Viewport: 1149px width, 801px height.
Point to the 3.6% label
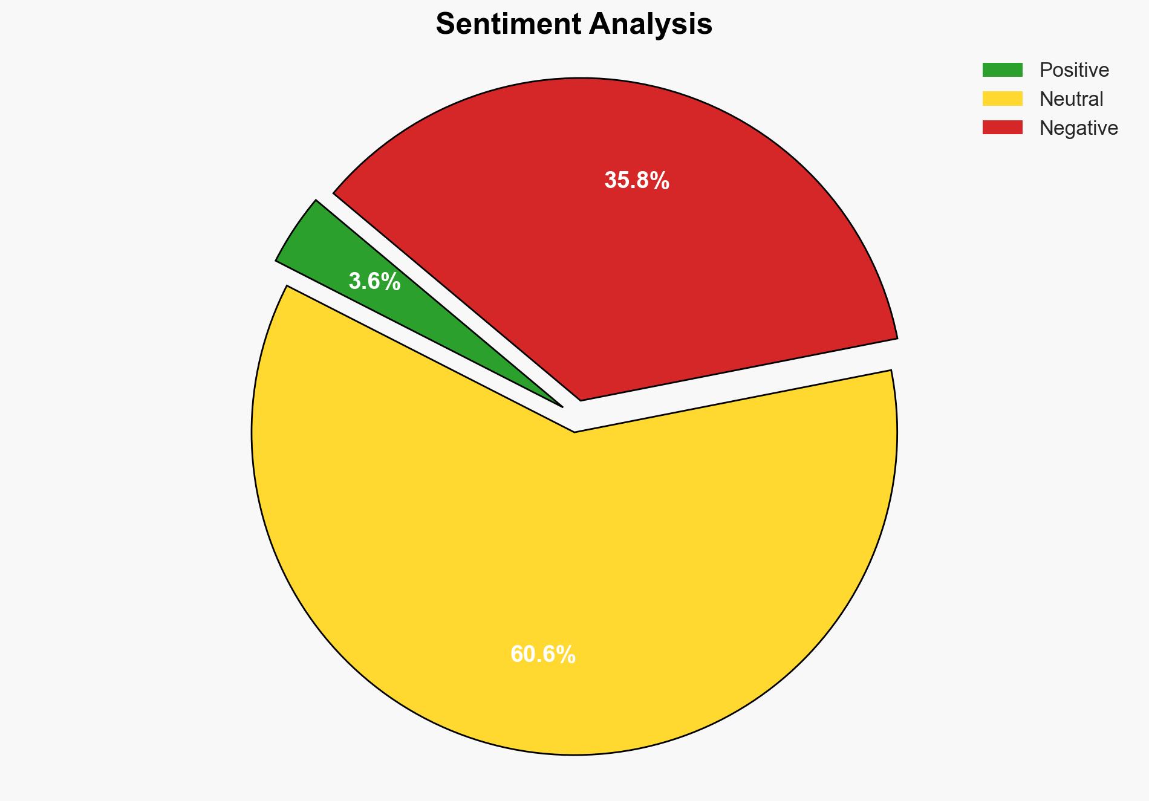[374, 282]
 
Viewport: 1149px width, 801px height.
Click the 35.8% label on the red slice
[637, 181]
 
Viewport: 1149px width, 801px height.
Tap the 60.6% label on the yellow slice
[542, 655]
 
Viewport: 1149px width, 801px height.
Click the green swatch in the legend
[1002, 70]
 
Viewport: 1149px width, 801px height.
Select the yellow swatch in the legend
[1002, 99]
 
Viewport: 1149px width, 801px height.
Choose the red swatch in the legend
[1002, 128]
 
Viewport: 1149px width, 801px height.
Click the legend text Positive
[1074, 70]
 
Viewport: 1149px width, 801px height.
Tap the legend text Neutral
[1071, 99]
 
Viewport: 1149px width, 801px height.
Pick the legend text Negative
[1078, 128]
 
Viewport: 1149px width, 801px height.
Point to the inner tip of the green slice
[559, 404]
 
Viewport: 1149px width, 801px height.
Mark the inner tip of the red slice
[581, 398]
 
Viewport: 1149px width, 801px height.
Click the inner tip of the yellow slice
[574, 430]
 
